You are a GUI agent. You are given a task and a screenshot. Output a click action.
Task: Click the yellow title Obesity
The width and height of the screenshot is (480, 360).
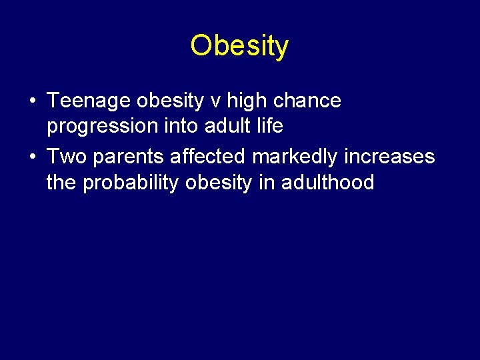coord(239,46)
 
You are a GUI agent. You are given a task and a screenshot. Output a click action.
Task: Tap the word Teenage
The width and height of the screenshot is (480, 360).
coord(89,101)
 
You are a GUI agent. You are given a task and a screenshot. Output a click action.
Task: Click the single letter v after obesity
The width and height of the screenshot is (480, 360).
coord(215,101)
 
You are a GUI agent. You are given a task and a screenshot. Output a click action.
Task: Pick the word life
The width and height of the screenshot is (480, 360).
coord(271,125)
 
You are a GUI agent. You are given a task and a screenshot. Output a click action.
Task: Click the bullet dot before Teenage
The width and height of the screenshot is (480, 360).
coord(32,102)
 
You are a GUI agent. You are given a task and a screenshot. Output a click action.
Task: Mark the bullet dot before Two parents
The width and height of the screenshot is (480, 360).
coord(32,158)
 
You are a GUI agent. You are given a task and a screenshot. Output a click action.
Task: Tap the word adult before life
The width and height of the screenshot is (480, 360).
coord(225,125)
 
